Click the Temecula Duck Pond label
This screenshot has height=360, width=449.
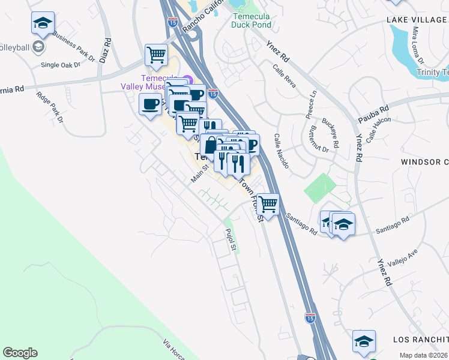pyautogui.click(x=252, y=21)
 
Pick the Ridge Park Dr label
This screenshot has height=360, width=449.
pyautogui.click(x=49, y=107)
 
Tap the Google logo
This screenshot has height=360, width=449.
pyautogui.click(x=20, y=353)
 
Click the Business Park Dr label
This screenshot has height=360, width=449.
pyautogui.click(x=74, y=46)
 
